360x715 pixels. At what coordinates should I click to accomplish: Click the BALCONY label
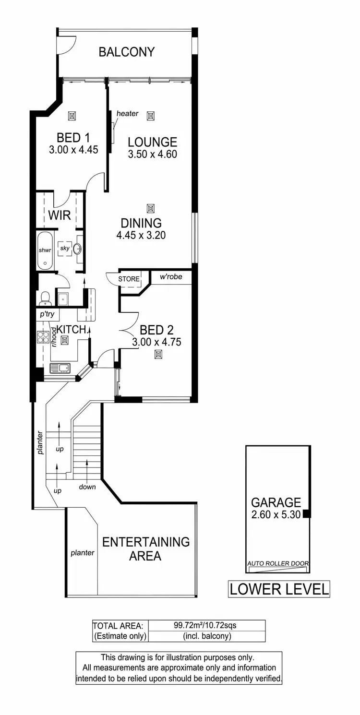(x=127, y=52)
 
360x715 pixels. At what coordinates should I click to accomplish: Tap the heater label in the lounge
(x=127, y=114)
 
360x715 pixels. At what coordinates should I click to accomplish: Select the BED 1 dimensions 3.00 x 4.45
(x=73, y=150)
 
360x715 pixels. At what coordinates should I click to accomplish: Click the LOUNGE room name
(x=152, y=142)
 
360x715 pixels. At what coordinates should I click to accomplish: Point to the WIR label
(x=60, y=215)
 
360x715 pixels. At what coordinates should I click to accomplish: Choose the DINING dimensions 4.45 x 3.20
(x=141, y=236)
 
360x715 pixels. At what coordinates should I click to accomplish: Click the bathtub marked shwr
(x=45, y=250)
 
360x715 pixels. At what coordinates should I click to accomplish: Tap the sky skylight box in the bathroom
(x=64, y=248)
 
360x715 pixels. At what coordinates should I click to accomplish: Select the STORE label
(x=129, y=279)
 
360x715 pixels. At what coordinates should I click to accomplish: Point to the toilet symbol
(x=45, y=299)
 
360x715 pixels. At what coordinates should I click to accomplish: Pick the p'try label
(x=47, y=315)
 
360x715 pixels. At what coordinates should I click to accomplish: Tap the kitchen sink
(x=60, y=369)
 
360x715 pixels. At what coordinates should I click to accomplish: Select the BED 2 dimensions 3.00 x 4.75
(x=156, y=342)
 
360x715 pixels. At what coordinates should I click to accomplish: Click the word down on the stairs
(x=87, y=487)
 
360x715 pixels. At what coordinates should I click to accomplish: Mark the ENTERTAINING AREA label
(x=146, y=549)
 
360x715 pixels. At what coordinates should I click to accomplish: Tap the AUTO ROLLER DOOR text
(x=277, y=563)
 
